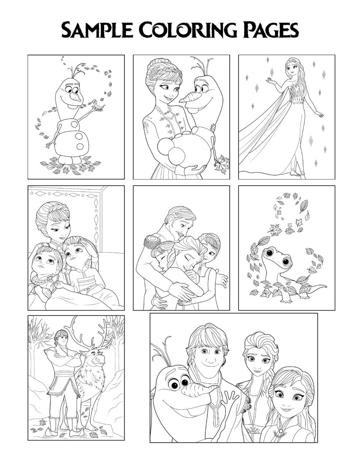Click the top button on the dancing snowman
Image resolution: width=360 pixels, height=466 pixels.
pos(74,124)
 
